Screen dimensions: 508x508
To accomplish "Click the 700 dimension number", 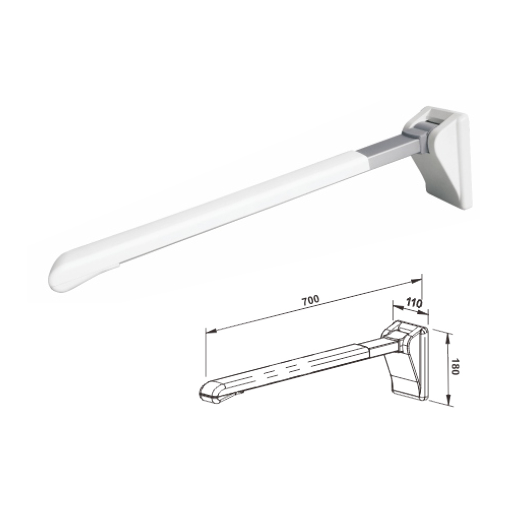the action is click(x=311, y=300).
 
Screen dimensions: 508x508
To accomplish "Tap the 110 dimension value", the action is click(x=414, y=303).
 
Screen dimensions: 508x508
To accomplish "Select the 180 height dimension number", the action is click(x=455, y=366).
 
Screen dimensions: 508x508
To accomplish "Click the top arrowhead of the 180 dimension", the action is click(x=448, y=338).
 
